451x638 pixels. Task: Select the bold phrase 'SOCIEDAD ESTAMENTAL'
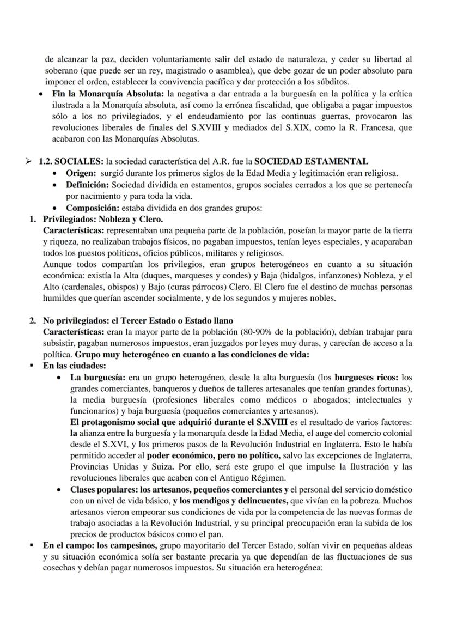click(311, 161)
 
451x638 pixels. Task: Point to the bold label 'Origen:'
click(81, 173)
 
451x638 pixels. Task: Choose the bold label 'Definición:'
click(87, 185)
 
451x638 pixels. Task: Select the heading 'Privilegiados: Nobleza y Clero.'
click(102, 220)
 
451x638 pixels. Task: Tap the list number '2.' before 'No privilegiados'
click(33, 320)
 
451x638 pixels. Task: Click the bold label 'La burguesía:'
click(95, 377)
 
